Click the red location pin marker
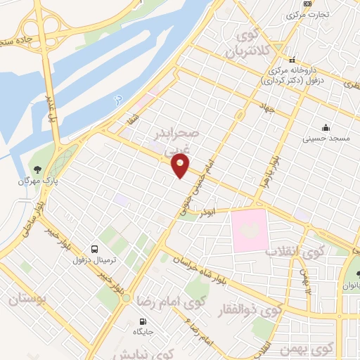click(181, 166)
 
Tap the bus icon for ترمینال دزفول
click(94, 248)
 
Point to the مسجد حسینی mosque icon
click(326, 127)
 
